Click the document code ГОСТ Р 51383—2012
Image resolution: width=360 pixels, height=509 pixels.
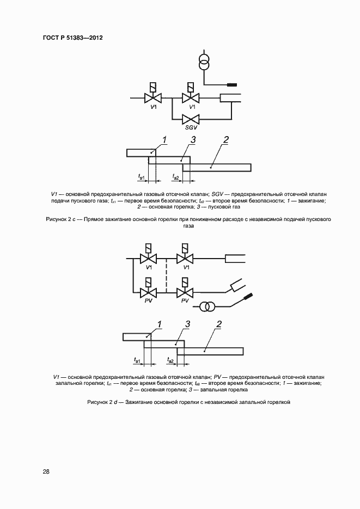coord(73,38)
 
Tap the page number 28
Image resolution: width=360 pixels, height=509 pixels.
coord(46,471)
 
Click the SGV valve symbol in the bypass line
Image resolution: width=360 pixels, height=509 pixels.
coord(191,119)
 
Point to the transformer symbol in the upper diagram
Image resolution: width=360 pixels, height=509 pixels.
coord(205,62)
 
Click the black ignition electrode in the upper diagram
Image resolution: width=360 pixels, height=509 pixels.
coord(232,85)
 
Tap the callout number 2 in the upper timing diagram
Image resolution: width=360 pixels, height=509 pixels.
coord(225,140)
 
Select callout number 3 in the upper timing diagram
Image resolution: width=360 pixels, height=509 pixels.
coord(193,140)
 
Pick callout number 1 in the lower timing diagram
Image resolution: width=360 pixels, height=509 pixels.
coord(160,324)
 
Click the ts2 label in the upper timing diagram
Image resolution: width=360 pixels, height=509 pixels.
coord(175,176)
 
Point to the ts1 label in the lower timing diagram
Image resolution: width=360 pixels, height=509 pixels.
coord(137,360)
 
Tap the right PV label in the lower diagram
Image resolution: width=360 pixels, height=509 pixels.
coord(185,301)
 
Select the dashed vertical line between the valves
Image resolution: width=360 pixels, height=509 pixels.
coord(166,275)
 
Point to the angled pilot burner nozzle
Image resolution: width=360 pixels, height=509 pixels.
coord(237,284)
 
